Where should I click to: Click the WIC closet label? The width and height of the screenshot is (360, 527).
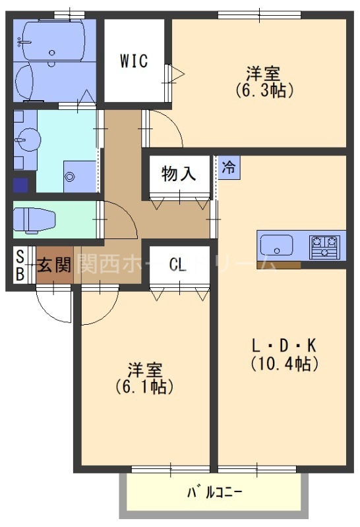134,61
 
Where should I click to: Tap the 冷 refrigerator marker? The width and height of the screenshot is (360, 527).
228,167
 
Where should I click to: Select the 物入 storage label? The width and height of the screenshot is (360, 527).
179,174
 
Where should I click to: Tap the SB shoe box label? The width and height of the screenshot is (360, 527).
20,265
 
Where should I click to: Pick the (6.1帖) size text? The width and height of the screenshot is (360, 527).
144,387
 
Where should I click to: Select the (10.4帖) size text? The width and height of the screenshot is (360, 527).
284,363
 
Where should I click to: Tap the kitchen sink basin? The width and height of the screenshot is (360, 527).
277,246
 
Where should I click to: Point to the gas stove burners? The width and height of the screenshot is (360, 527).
327,246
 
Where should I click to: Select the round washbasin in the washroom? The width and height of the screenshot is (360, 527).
28,140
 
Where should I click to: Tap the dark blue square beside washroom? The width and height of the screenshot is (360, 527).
20,184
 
